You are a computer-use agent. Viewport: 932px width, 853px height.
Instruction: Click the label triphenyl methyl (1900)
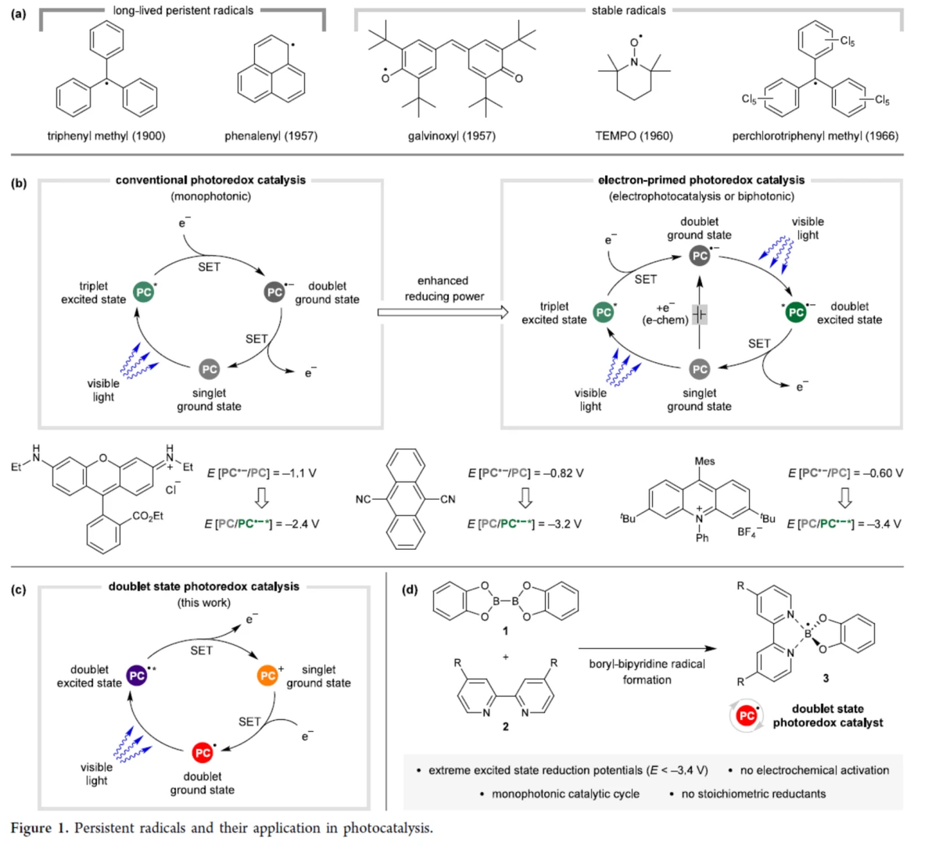point(106,136)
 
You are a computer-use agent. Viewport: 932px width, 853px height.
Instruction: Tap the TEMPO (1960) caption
point(633,136)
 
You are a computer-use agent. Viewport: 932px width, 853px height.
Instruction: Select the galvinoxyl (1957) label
point(451,136)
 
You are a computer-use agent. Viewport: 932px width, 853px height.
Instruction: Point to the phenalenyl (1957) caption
point(271,136)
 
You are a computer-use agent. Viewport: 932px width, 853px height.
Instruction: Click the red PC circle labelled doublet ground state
point(203,752)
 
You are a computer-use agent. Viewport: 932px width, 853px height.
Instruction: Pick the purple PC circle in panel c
point(137,675)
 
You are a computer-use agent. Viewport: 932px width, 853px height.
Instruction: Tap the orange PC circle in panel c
point(268,675)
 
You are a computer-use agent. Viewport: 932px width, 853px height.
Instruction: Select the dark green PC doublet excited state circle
point(796,312)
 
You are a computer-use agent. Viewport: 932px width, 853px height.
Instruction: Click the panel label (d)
point(409,589)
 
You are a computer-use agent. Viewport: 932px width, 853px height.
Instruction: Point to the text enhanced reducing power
point(443,289)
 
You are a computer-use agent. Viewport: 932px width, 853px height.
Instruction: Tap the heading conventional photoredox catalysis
point(210,180)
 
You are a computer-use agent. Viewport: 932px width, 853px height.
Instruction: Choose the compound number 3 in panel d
point(826,678)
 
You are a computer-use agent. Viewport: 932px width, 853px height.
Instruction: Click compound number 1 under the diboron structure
point(505,631)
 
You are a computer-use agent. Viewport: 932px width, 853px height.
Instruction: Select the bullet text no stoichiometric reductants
point(753,794)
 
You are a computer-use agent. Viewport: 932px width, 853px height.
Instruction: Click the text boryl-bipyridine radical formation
point(647,672)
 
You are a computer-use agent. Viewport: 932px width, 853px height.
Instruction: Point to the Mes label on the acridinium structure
point(704,461)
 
